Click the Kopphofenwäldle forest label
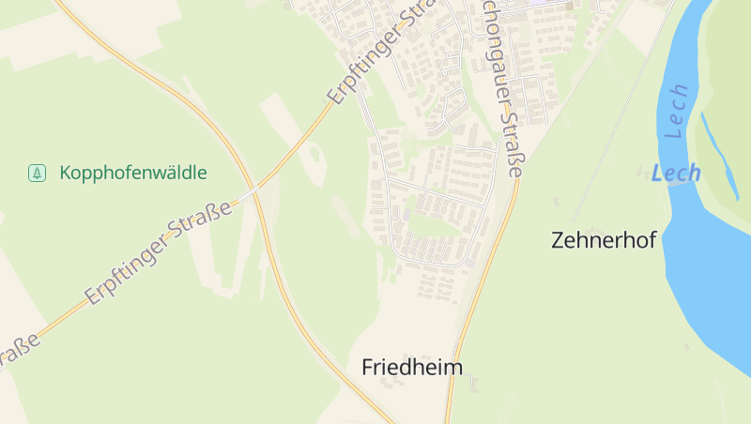coord(132,173)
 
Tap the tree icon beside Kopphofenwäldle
coord(37,173)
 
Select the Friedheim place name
coord(412,367)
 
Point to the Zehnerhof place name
coord(603,239)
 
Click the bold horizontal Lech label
coord(676,174)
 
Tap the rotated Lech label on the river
coord(677,112)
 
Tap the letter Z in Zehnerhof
coord(559,239)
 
